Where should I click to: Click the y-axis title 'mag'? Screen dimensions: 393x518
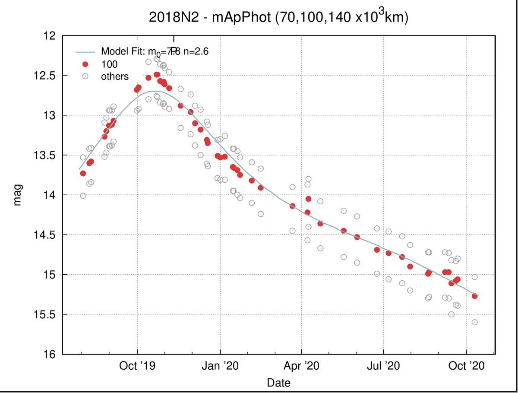(x=17, y=195)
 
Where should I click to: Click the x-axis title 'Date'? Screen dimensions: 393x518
(x=278, y=382)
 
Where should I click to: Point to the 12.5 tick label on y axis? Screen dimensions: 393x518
(x=47, y=76)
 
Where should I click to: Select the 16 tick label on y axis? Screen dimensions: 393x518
(x=51, y=354)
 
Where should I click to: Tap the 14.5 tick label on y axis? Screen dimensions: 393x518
(x=47, y=235)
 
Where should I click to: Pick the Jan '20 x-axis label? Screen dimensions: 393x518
(x=220, y=366)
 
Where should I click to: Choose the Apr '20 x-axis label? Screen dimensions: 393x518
(x=301, y=366)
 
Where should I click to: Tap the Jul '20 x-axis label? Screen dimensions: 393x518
(x=383, y=366)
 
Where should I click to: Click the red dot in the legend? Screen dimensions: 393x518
(x=85, y=64)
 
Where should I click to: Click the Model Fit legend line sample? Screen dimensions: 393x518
(x=85, y=52)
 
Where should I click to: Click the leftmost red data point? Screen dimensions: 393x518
(x=83, y=173)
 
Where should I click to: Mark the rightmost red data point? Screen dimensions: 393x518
(x=474, y=296)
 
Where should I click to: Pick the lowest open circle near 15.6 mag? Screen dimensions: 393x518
(x=474, y=322)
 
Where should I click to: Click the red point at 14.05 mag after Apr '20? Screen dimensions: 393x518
(x=308, y=199)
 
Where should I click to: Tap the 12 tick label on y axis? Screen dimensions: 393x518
(x=51, y=36)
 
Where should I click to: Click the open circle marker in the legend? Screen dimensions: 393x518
(x=85, y=76)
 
